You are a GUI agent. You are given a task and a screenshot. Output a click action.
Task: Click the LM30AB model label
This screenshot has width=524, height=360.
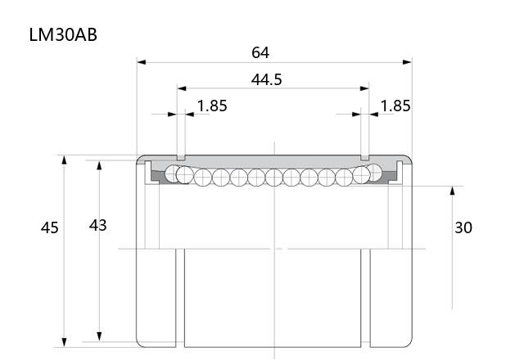coord(63,34)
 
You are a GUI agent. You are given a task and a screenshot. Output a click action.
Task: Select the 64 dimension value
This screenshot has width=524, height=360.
coord(260,52)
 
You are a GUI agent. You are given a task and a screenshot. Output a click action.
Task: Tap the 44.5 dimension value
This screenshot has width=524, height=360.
coord(266,79)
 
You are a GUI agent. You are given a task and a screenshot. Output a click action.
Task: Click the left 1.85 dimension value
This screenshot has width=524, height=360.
coord(212,106)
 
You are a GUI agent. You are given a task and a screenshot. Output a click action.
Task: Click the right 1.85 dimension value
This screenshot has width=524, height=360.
coord(395,106)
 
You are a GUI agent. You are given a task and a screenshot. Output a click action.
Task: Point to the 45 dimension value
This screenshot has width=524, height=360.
coord(49,227)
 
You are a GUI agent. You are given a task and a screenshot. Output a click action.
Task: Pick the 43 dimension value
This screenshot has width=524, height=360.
coord(97,226)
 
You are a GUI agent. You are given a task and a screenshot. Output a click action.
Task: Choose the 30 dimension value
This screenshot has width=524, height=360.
coord(463,227)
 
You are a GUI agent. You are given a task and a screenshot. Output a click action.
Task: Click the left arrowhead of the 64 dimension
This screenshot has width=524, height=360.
coord(142,62)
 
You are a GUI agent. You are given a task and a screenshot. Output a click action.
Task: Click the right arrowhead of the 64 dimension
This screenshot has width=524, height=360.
coord(408,62)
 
